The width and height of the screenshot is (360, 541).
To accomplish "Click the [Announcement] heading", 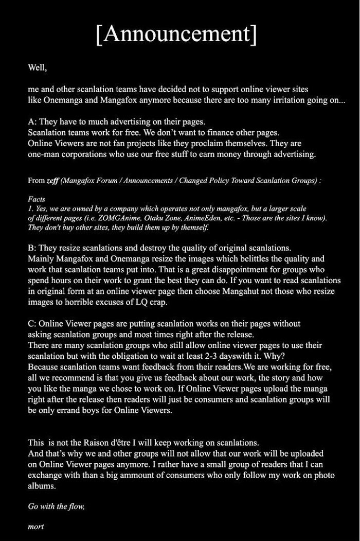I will point(176,34).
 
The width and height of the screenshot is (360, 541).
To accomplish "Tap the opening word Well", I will point(37,67).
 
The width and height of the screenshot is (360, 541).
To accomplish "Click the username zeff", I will point(52,181).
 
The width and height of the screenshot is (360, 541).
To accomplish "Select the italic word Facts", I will point(37,199).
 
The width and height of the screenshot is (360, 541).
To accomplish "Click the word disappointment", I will point(196,270).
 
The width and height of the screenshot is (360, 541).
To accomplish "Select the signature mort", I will point(35,527).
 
